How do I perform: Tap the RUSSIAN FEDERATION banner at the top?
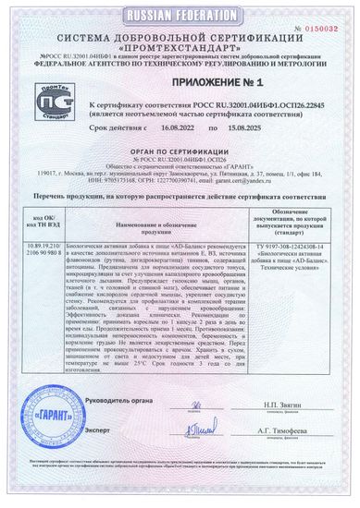pos(180,16)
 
